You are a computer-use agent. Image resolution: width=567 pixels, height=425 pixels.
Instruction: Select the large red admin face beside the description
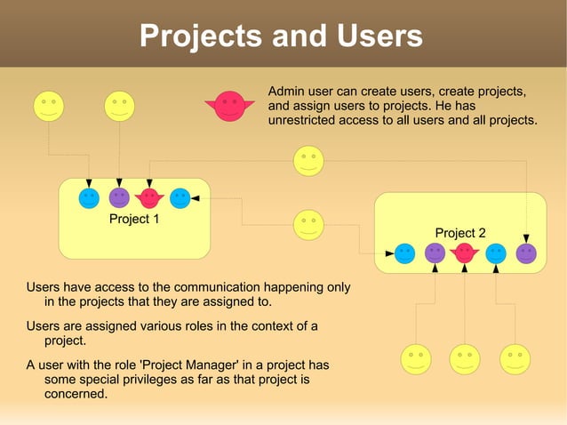pyautogui.click(x=230, y=107)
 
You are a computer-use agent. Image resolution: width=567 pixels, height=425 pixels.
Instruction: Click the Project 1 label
pyautogui.click(x=133, y=219)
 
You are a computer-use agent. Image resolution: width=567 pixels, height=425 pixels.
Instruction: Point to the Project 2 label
pyautogui.click(x=460, y=233)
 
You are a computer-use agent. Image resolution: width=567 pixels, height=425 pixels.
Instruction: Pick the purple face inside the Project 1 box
pyautogui.click(x=119, y=197)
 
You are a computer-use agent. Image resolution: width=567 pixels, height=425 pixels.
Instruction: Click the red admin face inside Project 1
pyautogui.click(x=149, y=197)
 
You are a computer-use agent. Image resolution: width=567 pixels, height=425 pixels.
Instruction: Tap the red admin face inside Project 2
pyautogui.click(x=464, y=253)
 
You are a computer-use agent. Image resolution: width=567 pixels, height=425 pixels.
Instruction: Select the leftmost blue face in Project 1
pyautogui.click(x=89, y=197)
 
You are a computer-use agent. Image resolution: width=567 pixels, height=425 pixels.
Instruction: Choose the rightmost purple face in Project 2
pyautogui.click(x=526, y=253)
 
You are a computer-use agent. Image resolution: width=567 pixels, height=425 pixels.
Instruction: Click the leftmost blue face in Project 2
pyautogui.click(x=404, y=253)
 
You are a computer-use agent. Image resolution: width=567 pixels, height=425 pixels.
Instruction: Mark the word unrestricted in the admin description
pyautogui.click(x=309, y=120)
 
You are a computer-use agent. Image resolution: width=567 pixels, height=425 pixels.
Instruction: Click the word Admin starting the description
pyautogui.click(x=286, y=92)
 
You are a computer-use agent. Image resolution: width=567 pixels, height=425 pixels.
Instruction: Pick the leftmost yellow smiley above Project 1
pyautogui.click(x=48, y=106)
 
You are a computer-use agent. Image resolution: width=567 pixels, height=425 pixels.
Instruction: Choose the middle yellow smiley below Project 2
pyautogui.click(x=464, y=358)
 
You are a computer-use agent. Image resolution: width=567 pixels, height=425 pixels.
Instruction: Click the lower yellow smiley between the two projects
pyautogui.click(x=308, y=224)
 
